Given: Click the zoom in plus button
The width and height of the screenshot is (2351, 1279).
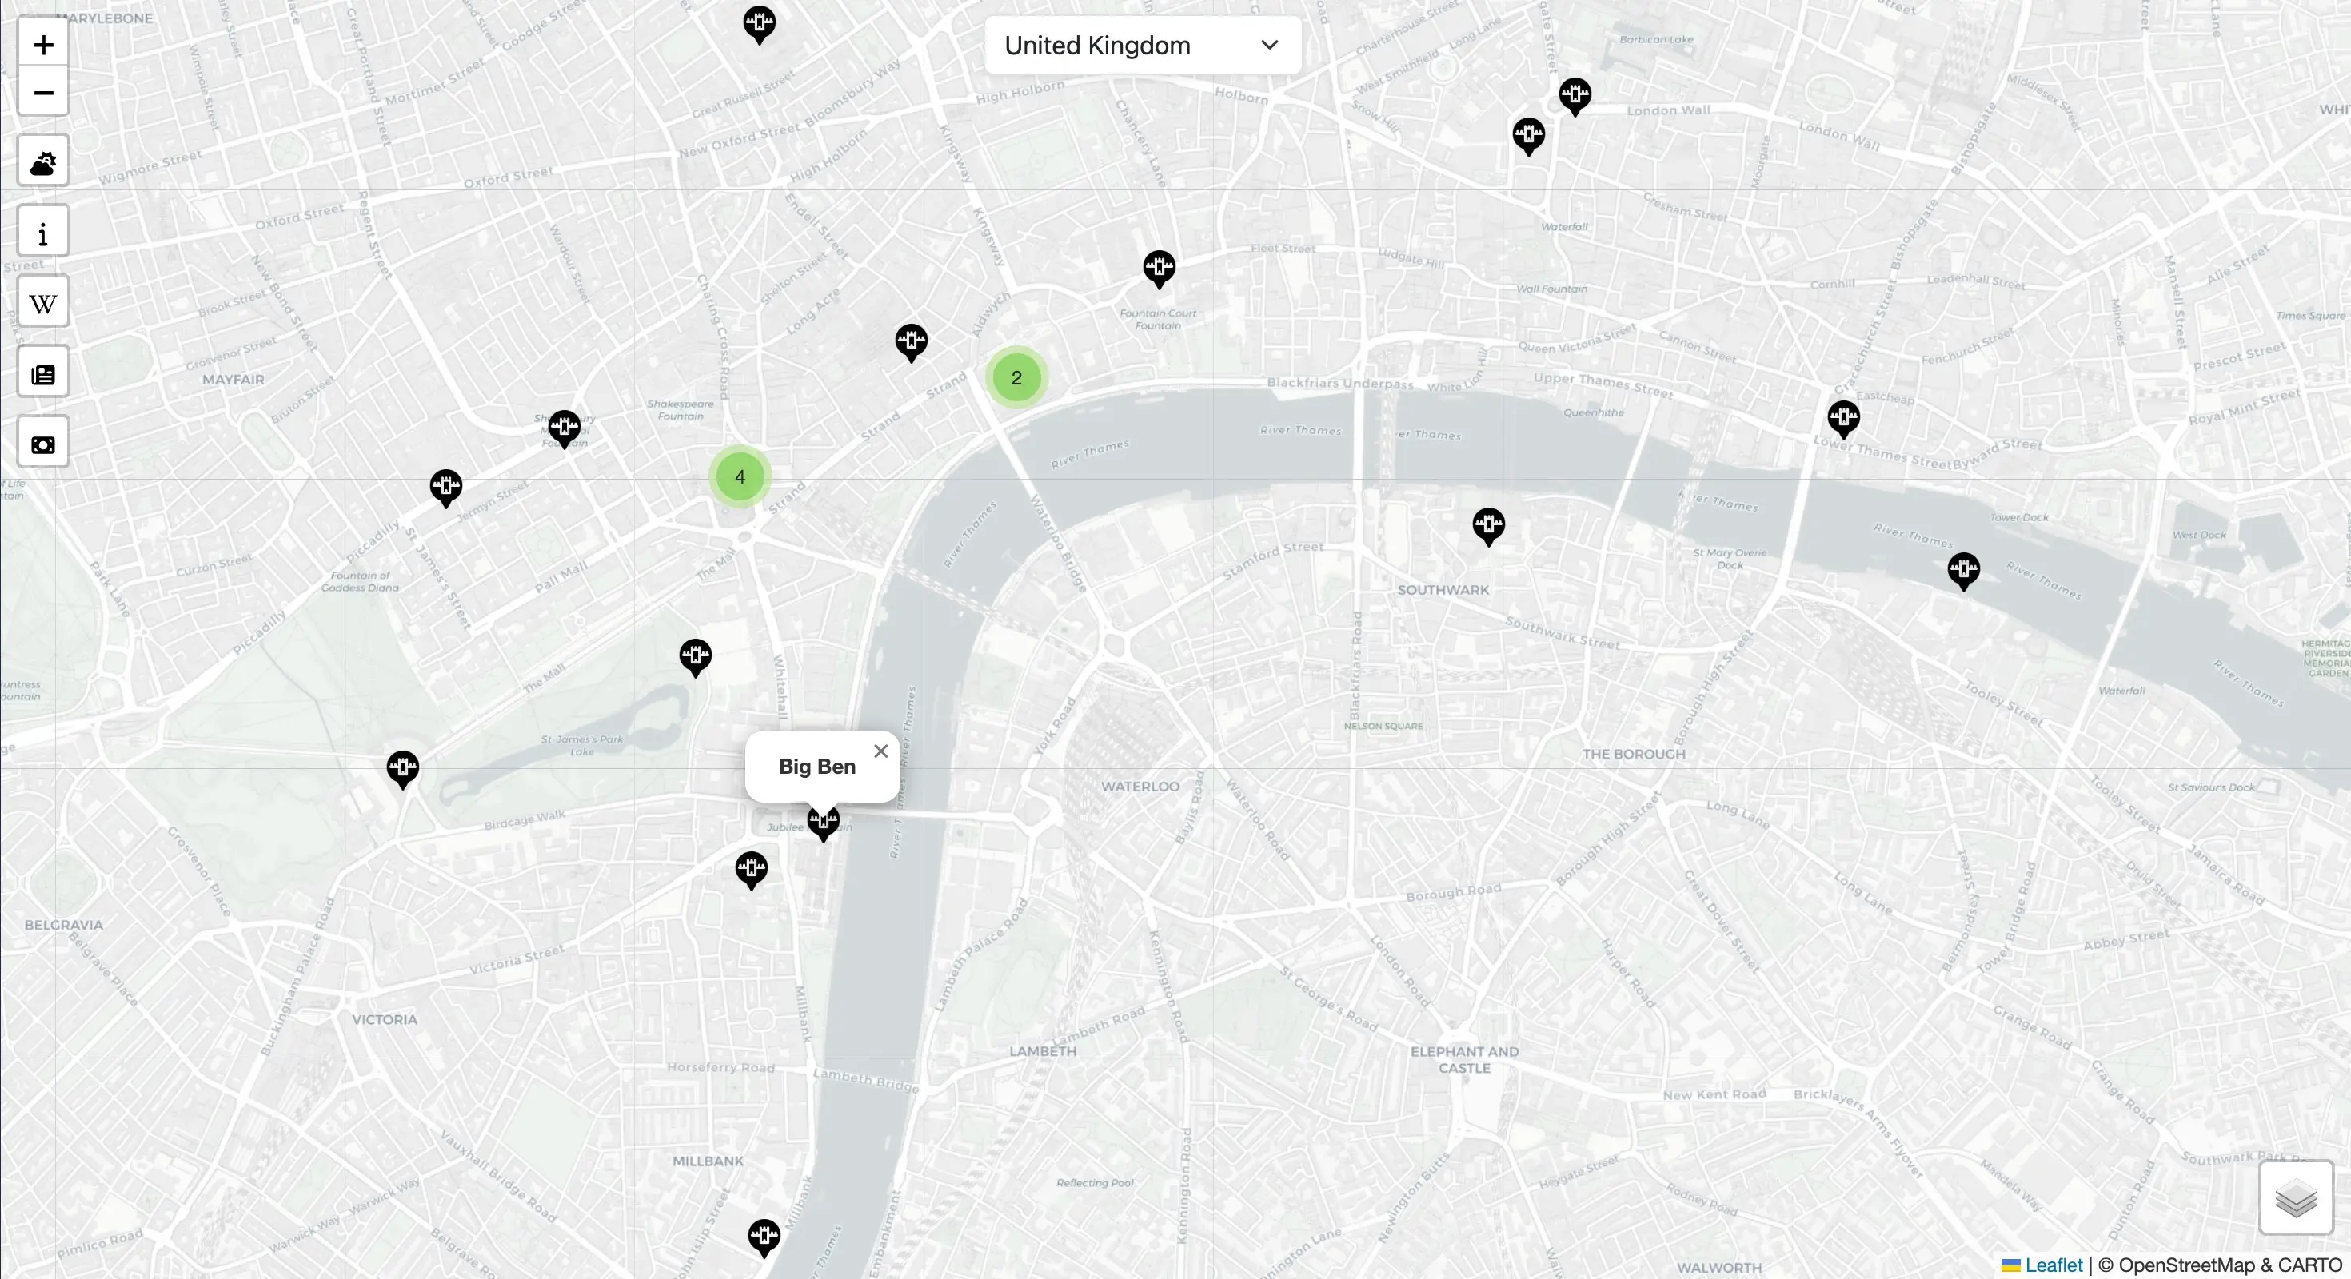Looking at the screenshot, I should pyautogui.click(x=43, y=45).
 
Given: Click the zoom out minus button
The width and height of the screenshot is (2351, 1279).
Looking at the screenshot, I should pyautogui.click(x=43, y=92).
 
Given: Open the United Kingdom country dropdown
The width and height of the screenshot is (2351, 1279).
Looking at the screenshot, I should pyautogui.click(x=1142, y=45).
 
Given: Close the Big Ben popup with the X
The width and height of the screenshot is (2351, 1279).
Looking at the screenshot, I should pyautogui.click(x=880, y=751).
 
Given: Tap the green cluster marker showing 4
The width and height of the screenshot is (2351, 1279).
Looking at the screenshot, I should pyautogui.click(x=739, y=476).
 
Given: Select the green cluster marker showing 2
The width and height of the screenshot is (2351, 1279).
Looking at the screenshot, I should pyautogui.click(x=1016, y=377).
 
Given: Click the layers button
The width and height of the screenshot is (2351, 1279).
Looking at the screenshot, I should pyautogui.click(x=2295, y=1197).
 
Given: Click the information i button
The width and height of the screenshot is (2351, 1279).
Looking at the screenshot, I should pyautogui.click(x=43, y=233).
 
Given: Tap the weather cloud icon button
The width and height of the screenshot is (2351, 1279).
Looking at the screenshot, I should pyautogui.click(x=43, y=162).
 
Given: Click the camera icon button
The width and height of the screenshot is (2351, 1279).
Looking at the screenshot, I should pyautogui.click(x=43, y=444).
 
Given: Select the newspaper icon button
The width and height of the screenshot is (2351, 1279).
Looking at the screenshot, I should pyautogui.click(x=43, y=374).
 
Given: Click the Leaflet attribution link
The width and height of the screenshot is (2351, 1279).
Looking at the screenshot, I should pyautogui.click(x=2053, y=1265).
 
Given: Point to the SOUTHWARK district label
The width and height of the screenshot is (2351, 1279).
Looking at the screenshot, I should pyautogui.click(x=1442, y=590).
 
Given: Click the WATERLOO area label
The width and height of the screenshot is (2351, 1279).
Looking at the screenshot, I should pyautogui.click(x=1139, y=787).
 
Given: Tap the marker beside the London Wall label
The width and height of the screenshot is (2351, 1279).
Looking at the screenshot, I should pyautogui.click(x=1575, y=94).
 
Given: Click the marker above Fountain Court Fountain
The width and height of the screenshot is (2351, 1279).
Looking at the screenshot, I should pyautogui.click(x=1159, y=267).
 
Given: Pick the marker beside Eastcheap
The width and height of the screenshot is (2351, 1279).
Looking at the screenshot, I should pyautogui.click(x=1842, y=418).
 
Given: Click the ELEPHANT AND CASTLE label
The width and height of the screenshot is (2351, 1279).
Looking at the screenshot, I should pyautogui.click(x=1464, y=1059).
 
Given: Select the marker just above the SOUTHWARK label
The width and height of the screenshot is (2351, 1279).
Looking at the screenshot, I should pyautogui.click(x=1487, y=524).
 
